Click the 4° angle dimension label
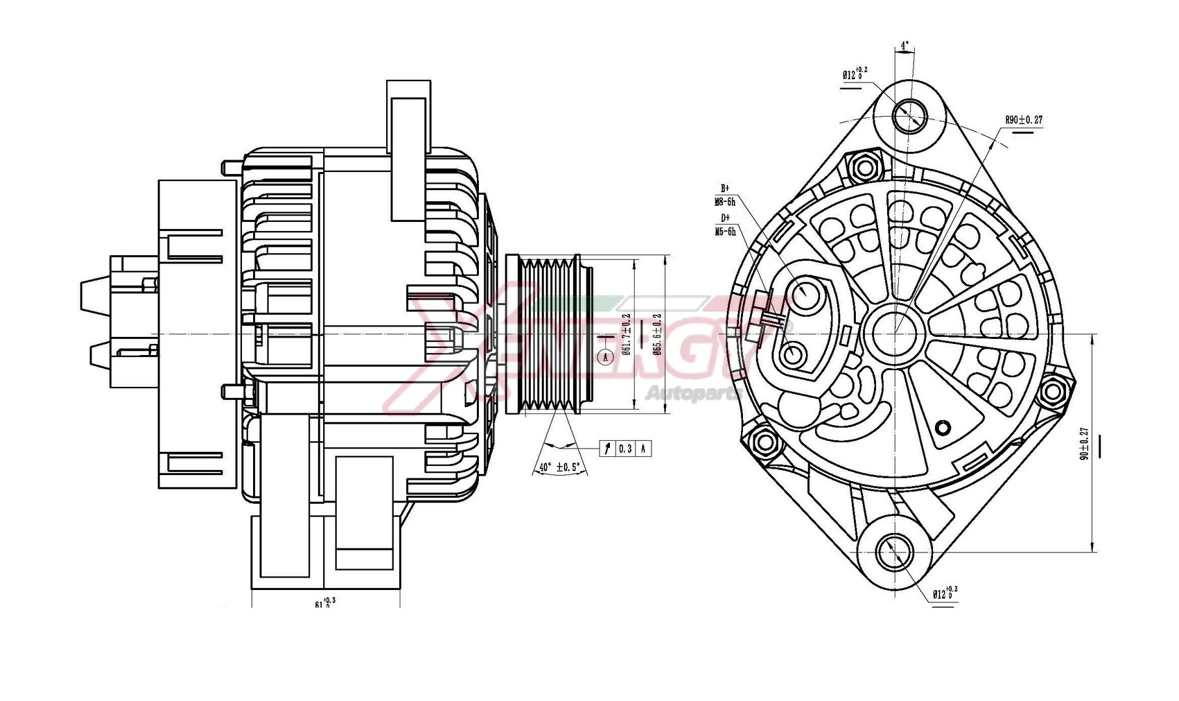pos(904,46)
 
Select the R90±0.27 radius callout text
pos(1023,120)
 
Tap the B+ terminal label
pos(725,188)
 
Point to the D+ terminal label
pos(725,218)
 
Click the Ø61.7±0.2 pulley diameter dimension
pos(626,334)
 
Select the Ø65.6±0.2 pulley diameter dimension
pos(657,334)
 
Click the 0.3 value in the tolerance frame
pos(625,449)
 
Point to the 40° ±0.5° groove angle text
pos(559,467)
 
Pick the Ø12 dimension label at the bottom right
pos(945,593)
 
